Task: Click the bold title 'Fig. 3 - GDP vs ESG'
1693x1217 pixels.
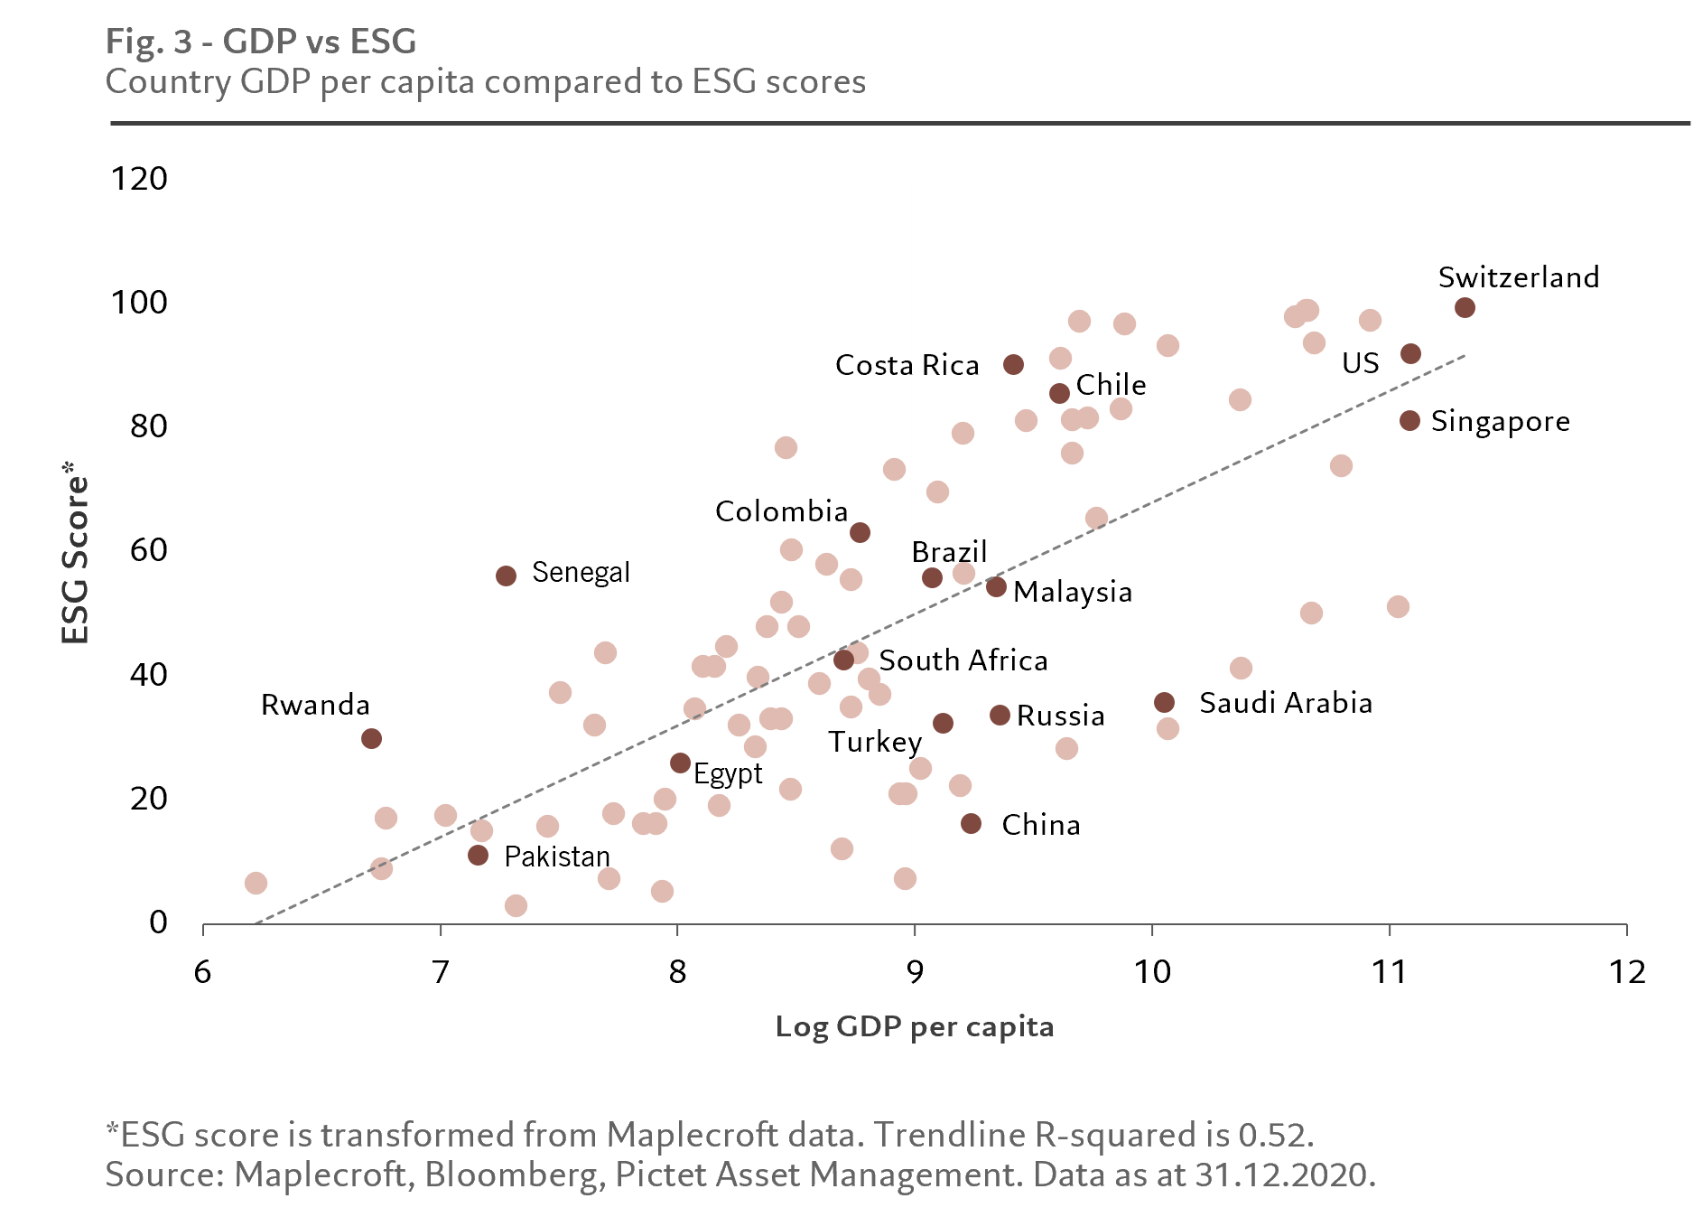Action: (x=261, y=42)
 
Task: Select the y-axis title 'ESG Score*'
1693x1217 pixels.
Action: (x=76, y=551)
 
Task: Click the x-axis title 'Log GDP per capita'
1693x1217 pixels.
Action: (x=914, y=1027)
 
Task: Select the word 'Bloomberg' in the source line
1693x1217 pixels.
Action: (x=512, y=1175)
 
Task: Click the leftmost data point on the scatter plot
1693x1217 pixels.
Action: (x=256, y=883)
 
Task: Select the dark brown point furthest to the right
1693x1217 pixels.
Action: (x=1465, y=308)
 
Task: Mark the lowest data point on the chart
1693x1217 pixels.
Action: (x=516, y=905)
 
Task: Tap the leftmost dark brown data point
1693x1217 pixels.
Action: (x=371, y=739)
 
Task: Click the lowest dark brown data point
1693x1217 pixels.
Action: (x=478, y=855)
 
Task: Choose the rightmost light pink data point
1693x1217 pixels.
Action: (x=1398, y=606)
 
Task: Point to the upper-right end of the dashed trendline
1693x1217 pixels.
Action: (x=1464, y=356)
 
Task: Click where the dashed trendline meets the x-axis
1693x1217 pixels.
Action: (x=256, y=923)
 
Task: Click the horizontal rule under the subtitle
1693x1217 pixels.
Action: (x=898, y=123)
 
